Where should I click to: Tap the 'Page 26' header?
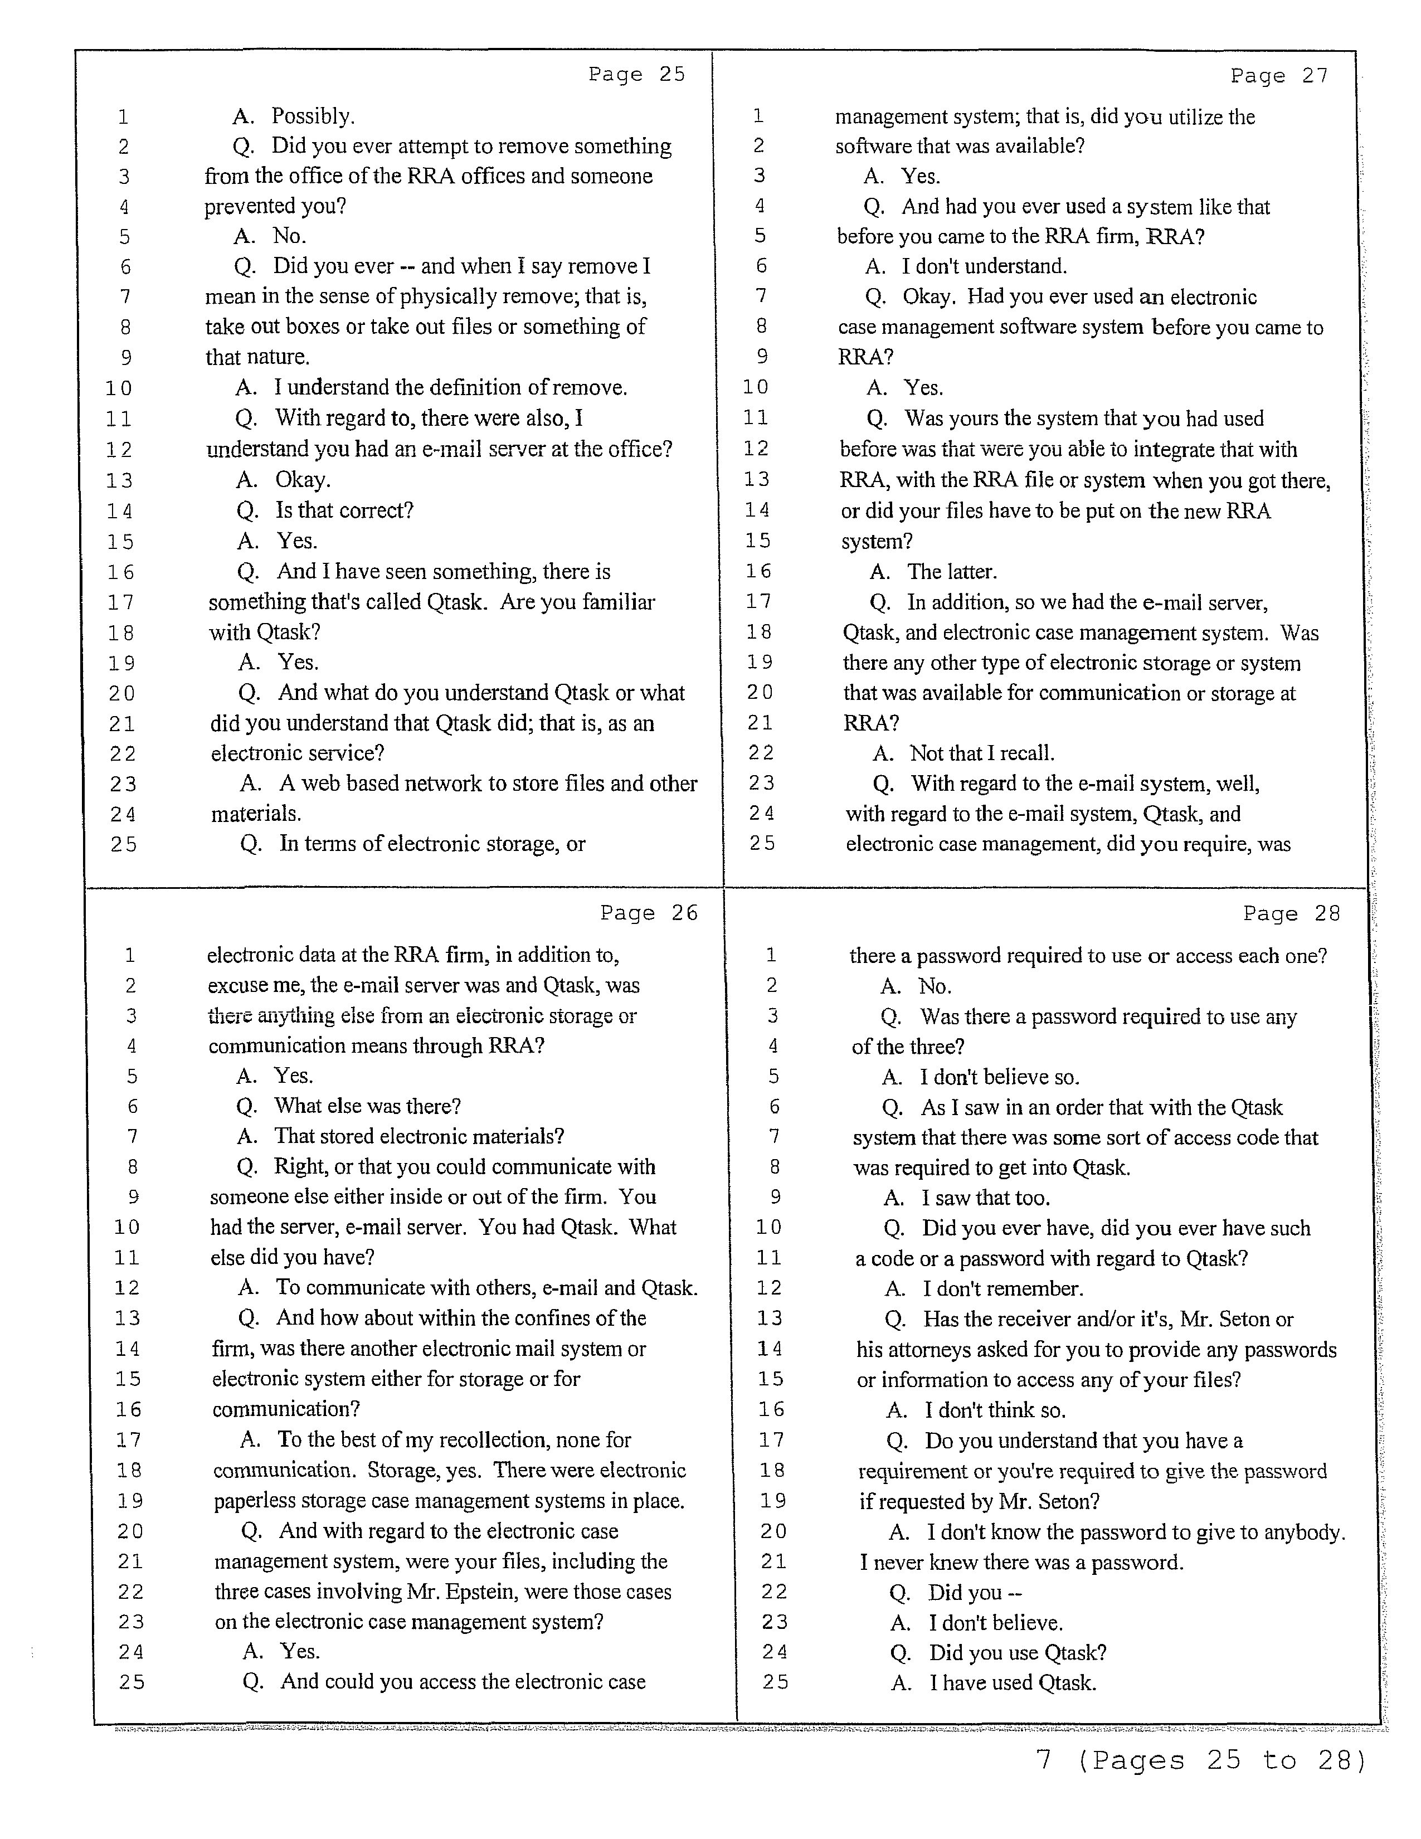tap(649, 913)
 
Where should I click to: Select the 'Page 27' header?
tap(1279, 76)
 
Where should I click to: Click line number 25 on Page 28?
tap(775, 1682)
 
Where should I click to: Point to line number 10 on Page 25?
tap(119, 389)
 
